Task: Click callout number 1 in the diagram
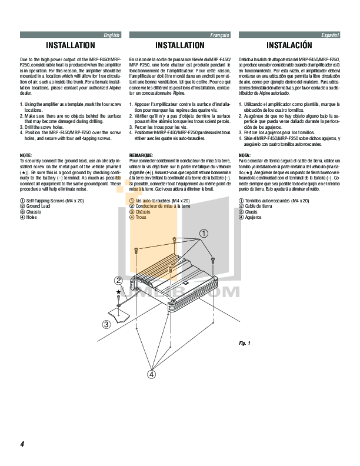point(204,234)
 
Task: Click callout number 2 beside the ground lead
point(118,281)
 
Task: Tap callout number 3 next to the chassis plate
point(106,324)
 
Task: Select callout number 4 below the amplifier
point(152,374)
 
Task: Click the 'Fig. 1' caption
point(245,342)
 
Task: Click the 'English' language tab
point(111,36)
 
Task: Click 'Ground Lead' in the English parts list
point(39,207)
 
